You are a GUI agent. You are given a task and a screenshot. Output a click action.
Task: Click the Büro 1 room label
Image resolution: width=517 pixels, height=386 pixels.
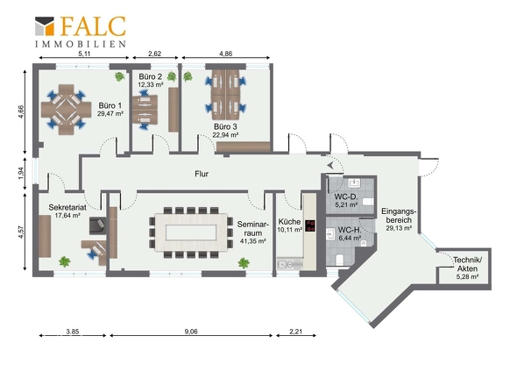coord(110,105)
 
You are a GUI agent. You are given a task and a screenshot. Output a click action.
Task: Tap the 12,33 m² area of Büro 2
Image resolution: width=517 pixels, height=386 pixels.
coord(151,84)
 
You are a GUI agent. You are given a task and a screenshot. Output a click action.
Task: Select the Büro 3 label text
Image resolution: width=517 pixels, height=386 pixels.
coord(225,126)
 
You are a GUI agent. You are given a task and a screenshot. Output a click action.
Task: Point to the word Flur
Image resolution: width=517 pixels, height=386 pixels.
coord(202,174)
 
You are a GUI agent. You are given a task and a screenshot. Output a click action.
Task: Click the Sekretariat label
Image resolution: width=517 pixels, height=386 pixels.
coord(67,207)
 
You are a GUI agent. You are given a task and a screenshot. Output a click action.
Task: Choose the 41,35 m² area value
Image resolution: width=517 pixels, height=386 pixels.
coord(253,241)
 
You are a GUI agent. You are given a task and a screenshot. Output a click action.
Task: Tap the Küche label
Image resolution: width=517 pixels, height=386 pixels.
coord(289,222)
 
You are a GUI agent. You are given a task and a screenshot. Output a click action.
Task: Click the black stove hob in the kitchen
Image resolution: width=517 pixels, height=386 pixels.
coord(310,225)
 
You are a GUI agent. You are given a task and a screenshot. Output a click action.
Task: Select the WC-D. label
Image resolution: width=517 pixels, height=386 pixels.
coord(346,197)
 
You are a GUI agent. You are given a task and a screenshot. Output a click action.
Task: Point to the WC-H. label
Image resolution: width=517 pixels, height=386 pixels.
coord(350,230)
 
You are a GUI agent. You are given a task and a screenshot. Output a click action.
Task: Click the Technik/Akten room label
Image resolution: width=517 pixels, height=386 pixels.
coord(468,264)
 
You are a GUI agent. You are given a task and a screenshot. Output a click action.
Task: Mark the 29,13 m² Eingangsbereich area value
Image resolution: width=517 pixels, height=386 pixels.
coord(399,228)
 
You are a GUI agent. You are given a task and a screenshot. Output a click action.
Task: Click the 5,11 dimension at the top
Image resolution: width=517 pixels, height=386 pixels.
coord(84,54)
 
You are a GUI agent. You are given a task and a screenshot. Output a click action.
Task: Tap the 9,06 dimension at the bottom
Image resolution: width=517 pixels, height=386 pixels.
coord(191,332)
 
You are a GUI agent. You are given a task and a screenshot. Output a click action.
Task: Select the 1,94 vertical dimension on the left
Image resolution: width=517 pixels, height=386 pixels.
coord(21,174)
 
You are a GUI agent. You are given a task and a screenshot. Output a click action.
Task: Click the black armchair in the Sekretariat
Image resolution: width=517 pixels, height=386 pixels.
coord(98,225)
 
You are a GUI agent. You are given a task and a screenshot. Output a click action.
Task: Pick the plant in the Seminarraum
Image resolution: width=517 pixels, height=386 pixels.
coord(244,263)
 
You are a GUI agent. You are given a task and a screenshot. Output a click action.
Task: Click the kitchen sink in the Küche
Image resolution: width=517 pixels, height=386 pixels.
coord(290,264)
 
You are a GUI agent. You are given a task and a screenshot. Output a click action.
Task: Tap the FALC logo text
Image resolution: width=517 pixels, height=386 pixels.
coord(93,26)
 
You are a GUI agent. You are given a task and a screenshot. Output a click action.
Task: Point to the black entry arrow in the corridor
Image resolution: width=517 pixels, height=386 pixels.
coord(330,165)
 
